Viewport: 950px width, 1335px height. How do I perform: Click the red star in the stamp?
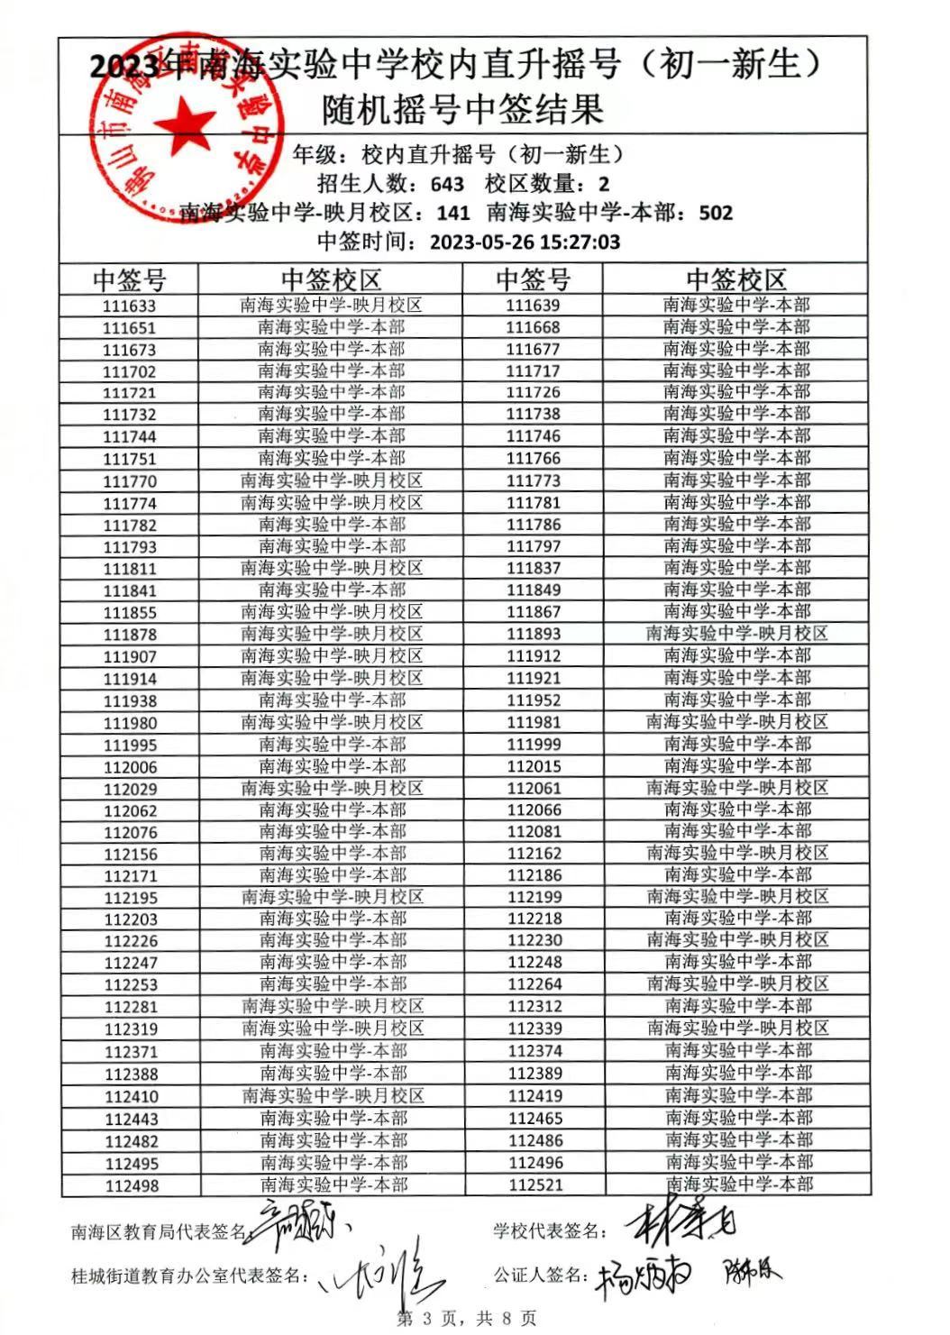[185, 122]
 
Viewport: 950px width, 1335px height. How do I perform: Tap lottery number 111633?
[129, 306]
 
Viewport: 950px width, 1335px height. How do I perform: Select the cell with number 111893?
[533, 635]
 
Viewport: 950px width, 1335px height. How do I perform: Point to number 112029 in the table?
[130, 790]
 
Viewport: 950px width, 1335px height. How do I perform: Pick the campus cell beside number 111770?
[332, 481]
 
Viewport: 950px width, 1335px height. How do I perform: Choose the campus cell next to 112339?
[737, 1029]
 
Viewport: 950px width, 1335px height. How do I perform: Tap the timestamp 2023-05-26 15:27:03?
[525, 242]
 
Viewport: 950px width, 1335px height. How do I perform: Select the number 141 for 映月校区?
[452, 214]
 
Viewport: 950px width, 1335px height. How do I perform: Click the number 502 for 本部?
[716, 214]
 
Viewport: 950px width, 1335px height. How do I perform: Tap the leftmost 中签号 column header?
[130, 279]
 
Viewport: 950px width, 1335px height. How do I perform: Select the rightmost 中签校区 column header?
[736, 279]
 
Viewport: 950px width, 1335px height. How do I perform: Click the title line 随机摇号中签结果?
[462, 110]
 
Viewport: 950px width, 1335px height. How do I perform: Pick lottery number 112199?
[534, 897]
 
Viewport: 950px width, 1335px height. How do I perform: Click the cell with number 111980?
[130, 723]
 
